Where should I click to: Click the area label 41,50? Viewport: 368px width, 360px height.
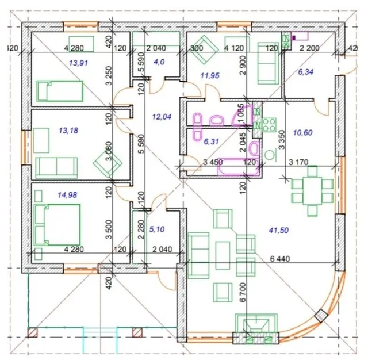click(x=279, y=230)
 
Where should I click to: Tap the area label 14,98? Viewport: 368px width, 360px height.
click(x=67, y=195)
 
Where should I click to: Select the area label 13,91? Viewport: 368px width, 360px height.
click(x=78, y=63)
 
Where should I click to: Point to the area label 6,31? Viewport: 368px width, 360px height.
click(x=212, y=141)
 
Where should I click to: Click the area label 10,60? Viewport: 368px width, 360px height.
click(x=303, y=133)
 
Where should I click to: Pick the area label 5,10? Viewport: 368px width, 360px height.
click(x=157, y=229)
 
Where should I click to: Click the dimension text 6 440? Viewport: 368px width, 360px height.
click(x=280, y=259)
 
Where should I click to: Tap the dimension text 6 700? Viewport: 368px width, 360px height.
click(x=243, y=292)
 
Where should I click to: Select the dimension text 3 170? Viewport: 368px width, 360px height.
click(x=298, y=162)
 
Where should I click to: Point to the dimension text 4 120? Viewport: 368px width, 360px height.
click(x=234, y=48)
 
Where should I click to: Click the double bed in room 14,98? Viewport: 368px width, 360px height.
click(x=57, y=225)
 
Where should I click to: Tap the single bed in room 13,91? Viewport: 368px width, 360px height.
click(x=60, y=91)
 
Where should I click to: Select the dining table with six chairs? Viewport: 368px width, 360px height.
click(x=312, y=191)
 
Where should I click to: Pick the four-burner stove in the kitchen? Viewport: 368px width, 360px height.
click(x=269, y=125)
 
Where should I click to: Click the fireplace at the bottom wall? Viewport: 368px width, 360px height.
click(x=256, y=329)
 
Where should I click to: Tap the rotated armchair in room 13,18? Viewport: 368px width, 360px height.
click(x=108, y=163)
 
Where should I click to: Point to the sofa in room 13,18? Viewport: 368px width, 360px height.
click(x=56, y=167)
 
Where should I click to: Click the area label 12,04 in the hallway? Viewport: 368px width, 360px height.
click(x=162, y=117)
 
